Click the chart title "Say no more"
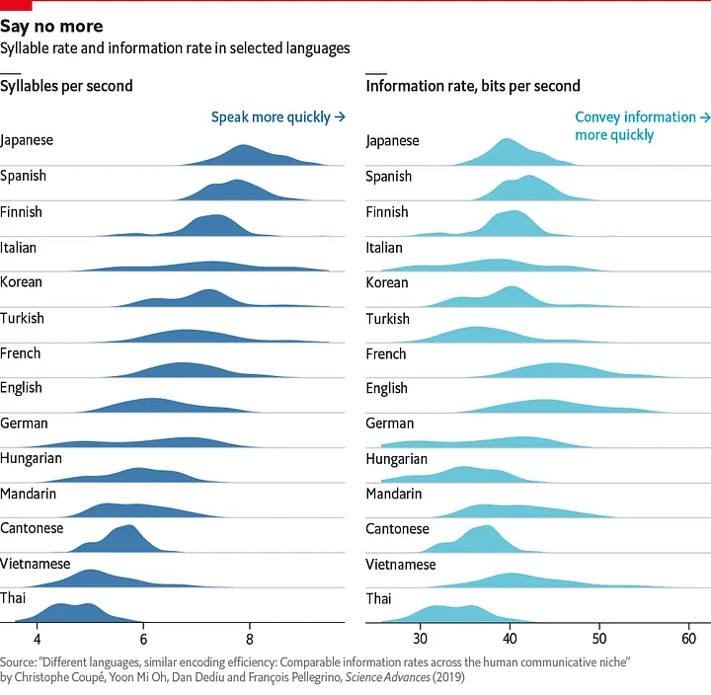click(51, 26)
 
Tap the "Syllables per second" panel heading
click(67, 86)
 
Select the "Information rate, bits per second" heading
click(473, 86)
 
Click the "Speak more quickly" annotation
click(277, 117)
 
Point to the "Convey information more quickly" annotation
click(642, 125)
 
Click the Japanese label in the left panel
click(28, 140)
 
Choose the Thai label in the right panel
click(379, 599)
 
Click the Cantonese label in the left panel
click(32, 528)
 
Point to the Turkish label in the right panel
click(388, 319)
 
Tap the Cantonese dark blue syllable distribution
click(124, 541)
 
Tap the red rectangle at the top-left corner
click(16, 5)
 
